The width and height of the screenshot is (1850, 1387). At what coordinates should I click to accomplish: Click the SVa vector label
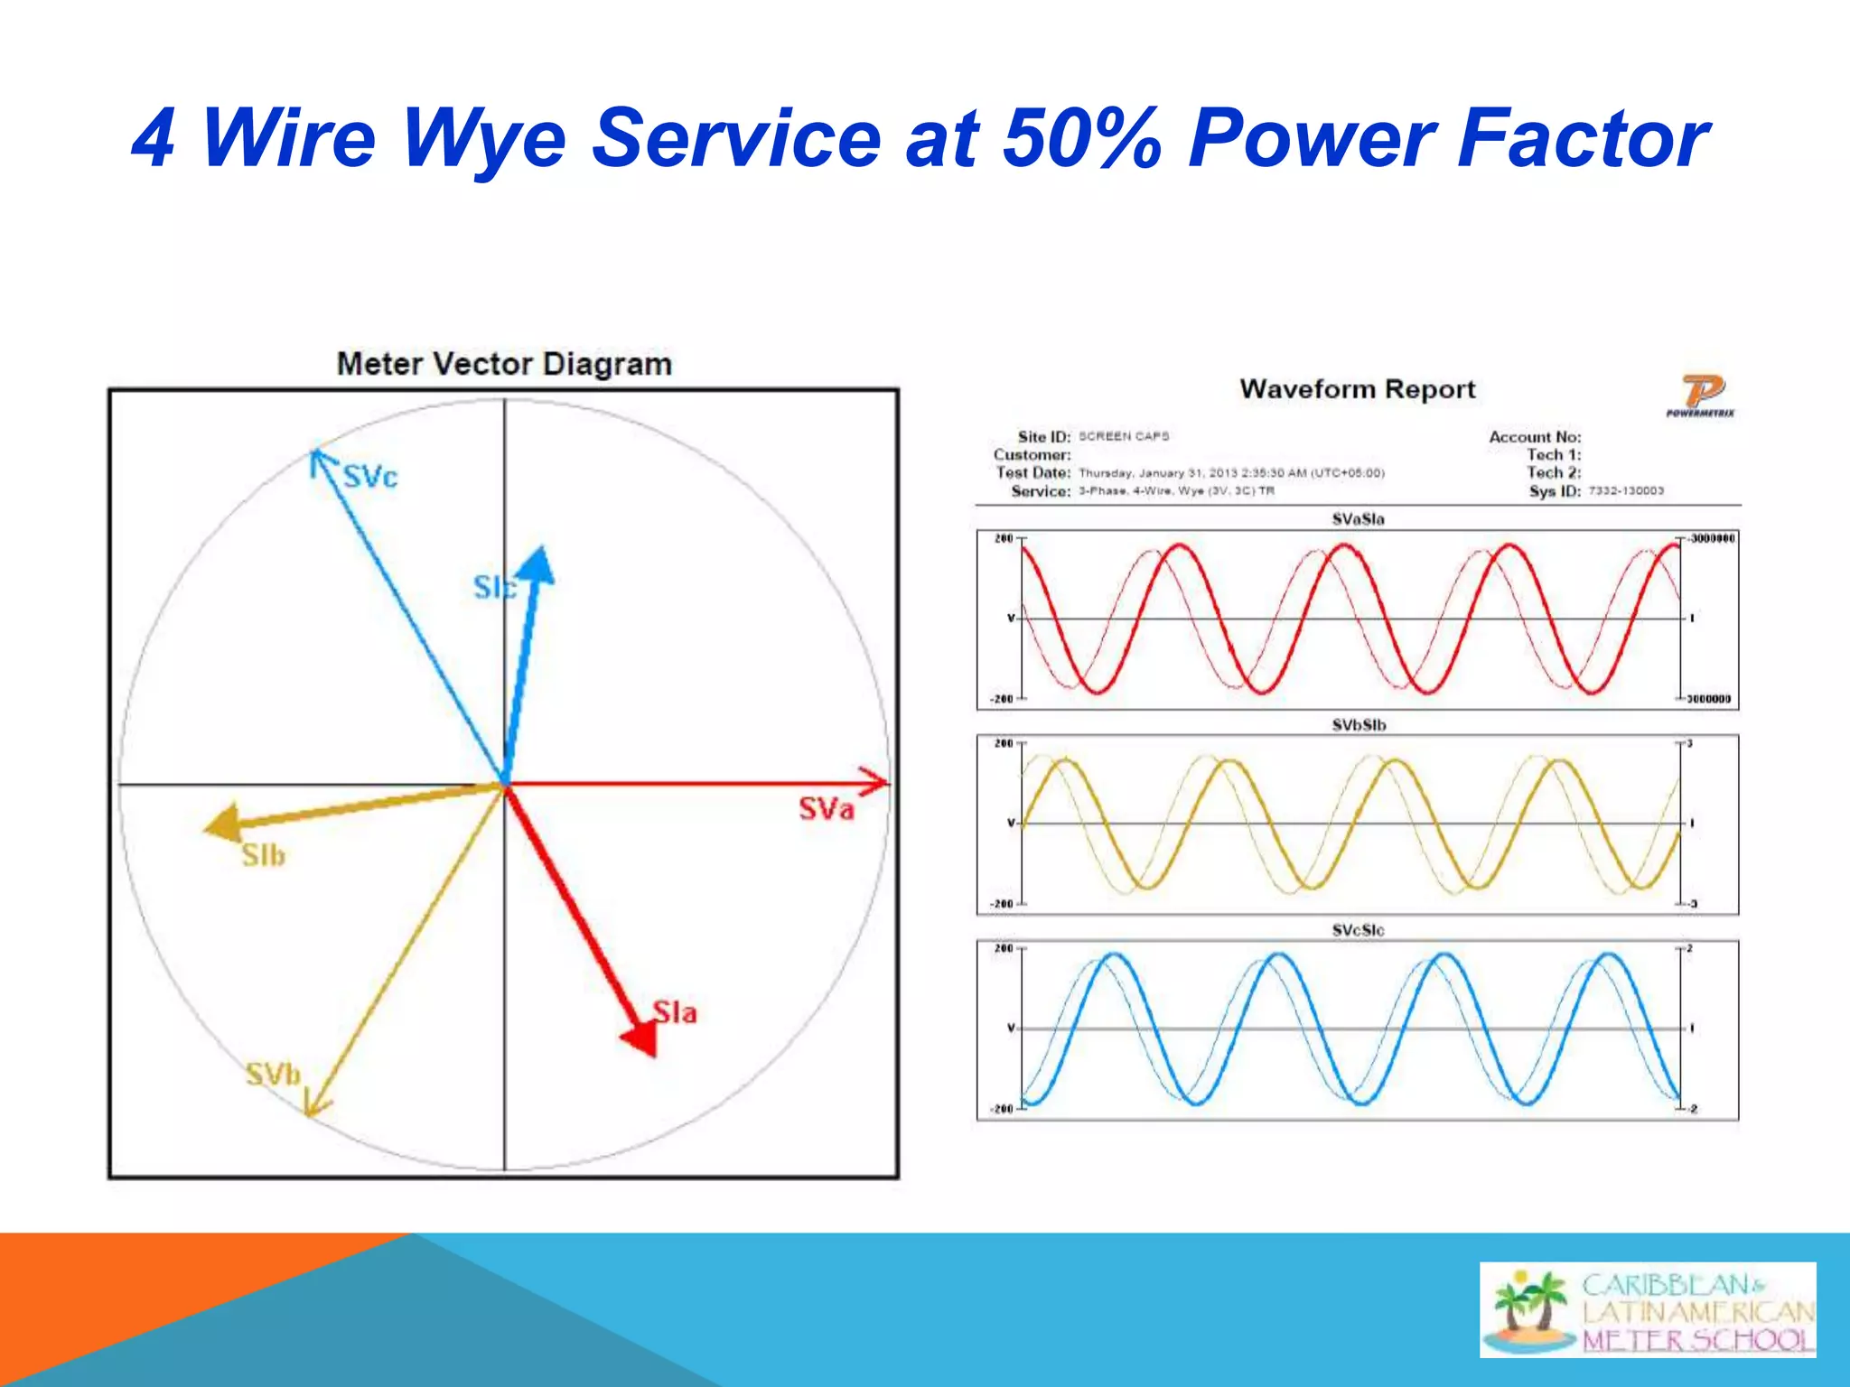click(826, 809)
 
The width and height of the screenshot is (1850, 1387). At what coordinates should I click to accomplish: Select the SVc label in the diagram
click(370, 477)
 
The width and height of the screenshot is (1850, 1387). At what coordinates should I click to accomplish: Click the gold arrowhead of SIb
click(221, 823)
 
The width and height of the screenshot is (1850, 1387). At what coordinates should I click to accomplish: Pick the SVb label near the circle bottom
click(273, 1075)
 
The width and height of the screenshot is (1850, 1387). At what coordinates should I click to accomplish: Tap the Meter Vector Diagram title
click(504, 364)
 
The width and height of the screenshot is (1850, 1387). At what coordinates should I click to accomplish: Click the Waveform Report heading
click(1357, 389)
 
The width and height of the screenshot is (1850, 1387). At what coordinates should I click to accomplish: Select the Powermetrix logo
click(1701, 396)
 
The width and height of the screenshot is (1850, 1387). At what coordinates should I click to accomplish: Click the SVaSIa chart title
click(1358, 519)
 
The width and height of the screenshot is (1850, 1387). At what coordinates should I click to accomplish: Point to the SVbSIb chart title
click(1358, 725)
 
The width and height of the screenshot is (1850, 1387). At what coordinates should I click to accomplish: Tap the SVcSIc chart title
click(1358, 930)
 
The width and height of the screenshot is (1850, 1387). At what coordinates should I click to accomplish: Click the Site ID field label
click(1043, 437)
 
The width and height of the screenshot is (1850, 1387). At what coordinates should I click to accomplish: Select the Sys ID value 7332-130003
click(1625, 491)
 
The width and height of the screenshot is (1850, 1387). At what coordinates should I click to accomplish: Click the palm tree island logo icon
click(1529, 1309)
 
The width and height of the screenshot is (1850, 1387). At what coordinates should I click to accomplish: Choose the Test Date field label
click(1033, 473)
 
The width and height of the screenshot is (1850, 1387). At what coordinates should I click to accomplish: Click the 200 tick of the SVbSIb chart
click(1004, 744)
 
